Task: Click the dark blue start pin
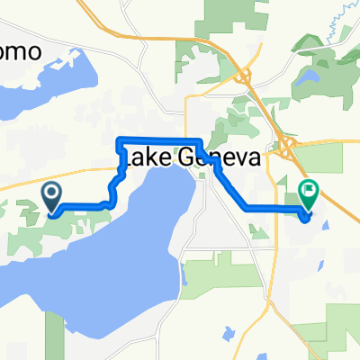point(51,193)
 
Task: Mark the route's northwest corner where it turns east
point(121,139)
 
